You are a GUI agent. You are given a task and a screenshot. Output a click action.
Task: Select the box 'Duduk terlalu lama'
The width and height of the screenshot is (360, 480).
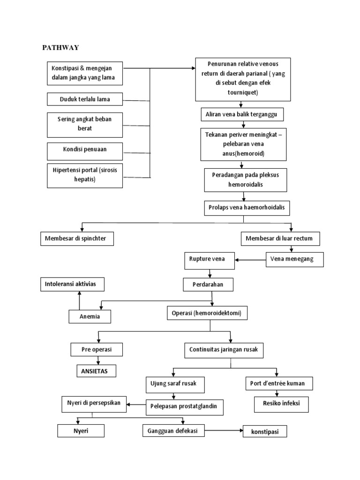(85, 99)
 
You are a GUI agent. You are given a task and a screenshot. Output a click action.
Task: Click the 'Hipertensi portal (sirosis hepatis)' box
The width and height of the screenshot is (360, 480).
(85, 174)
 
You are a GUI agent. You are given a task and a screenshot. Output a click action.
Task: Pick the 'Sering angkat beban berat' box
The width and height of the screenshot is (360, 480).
(85, 124)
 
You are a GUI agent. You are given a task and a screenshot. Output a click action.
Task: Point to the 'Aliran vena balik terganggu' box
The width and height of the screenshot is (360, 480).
(241, 114)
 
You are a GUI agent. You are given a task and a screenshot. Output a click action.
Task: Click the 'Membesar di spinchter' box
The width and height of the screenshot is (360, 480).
(76, 239)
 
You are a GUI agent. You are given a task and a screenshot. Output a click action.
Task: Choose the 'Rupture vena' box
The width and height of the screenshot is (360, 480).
(210, 260)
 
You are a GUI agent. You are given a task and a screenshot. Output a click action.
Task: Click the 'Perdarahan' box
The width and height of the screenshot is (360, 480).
(208, 285)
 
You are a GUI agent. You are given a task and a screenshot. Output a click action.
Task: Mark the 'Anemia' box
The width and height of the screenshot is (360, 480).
(90, 317)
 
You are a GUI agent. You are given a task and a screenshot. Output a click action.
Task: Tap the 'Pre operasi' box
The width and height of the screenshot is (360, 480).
(97, 350)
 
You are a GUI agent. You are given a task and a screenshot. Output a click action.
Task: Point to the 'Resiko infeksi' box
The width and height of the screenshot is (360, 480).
(281, 403)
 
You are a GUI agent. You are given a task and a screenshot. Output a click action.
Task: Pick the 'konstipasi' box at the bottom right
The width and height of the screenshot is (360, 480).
(264, 432)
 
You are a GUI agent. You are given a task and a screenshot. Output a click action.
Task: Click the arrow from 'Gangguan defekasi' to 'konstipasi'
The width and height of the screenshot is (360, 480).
(223, 430)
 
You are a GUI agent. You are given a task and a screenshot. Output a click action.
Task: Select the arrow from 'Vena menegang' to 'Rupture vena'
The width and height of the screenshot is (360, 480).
(250, 260)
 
